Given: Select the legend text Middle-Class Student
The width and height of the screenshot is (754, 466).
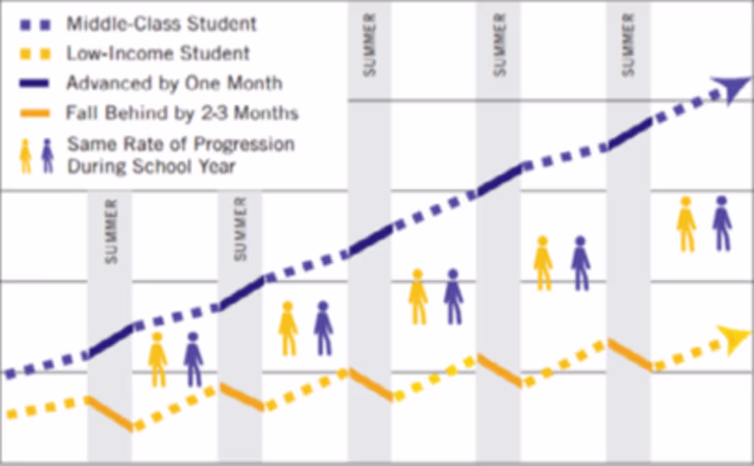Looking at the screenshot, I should tap(161, 23).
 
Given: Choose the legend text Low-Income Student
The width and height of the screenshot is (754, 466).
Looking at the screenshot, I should tap(158, 53).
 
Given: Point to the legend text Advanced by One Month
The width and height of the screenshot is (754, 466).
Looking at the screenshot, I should tap(174, 84).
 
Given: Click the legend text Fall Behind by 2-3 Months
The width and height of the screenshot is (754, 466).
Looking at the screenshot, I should tap(182, 113).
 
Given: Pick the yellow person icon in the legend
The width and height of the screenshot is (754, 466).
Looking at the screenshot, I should tap(26, 156).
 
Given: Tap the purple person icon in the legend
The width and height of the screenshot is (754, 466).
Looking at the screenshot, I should tap(47, 156).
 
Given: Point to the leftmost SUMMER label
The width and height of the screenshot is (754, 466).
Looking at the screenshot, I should tap(111, 231).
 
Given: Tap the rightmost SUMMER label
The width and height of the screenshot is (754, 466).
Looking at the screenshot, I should tap(629, 44).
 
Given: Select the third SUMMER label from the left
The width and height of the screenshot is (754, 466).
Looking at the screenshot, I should tap(370, 44).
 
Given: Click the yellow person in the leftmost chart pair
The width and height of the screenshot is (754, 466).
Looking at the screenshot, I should tap(158, 359).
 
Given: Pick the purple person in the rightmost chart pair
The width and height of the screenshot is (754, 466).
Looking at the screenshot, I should tap(721, 223).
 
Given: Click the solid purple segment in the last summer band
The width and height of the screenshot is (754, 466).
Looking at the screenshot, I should tap(629, 134).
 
